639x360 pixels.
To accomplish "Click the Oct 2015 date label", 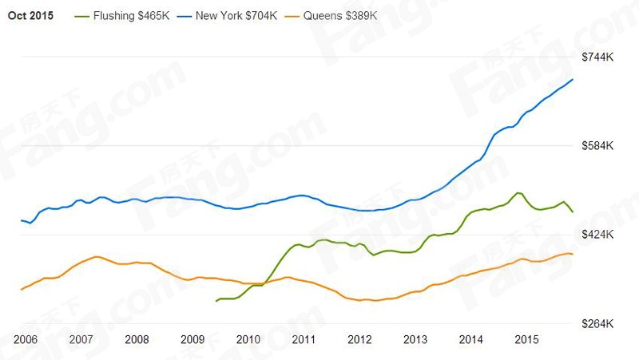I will (x=30, y=17).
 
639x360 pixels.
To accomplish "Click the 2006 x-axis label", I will (x=26, y=339).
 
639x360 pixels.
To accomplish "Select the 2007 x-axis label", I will (x=81, y=339).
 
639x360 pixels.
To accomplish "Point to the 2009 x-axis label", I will (x=192, y=339).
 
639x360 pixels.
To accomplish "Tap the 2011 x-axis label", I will (x=304, y=339).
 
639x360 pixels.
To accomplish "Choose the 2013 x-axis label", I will (x=415, y=339).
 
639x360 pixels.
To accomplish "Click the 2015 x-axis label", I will (x=526, y=339).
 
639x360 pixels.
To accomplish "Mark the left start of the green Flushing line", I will (x=216, y=301).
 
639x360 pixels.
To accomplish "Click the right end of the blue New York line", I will (x=573, y=80).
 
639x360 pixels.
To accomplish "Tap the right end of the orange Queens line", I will (x=573, y=254).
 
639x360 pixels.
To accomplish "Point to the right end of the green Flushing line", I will (x=573, y=212).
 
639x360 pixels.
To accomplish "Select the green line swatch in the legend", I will (x=82, y=17).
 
